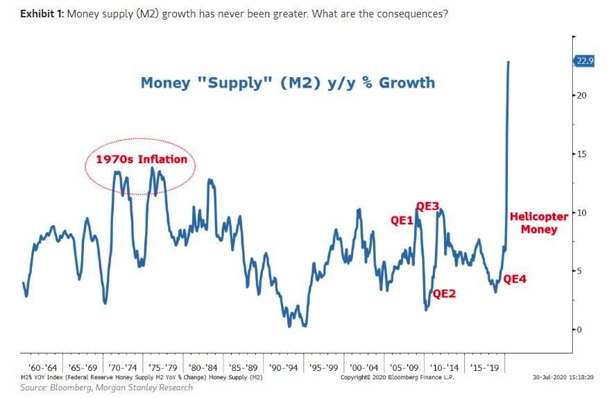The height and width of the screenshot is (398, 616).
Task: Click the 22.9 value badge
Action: (x=585, y=61)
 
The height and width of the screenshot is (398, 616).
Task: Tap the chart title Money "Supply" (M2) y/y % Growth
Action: (x=287, y=83)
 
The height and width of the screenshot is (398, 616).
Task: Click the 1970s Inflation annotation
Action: (x=141, y=159)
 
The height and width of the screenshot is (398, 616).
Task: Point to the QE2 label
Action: (x=444, y=293)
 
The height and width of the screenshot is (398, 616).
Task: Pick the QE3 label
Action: (x=427, y=206)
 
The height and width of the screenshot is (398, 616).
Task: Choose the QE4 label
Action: (x=515, y=279)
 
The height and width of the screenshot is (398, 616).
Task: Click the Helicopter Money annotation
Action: (x=539, y=222)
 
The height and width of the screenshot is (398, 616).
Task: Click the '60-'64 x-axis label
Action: (x=43, y=367)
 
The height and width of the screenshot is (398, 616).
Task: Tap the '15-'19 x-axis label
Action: (x=483, y=367)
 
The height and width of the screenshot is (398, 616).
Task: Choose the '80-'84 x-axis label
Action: (x=203, y=367)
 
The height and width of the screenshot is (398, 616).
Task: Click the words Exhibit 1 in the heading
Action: (x=42, y=14)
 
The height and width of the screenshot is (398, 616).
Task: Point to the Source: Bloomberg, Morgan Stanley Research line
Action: (x=106, y=388)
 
